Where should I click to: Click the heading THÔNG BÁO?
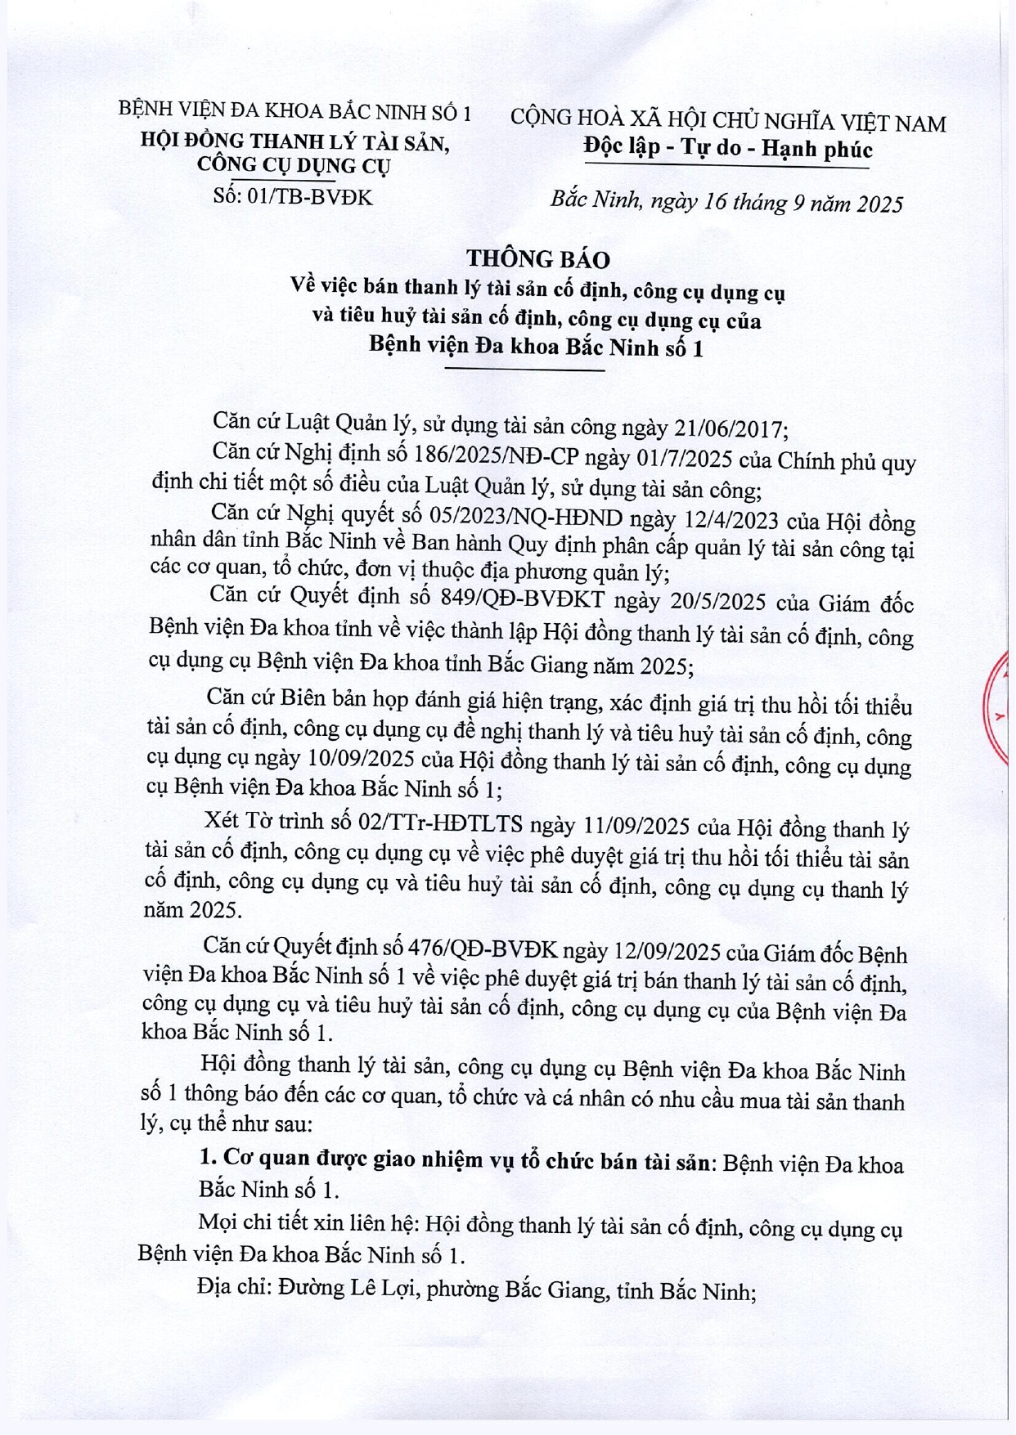tap(538, 259)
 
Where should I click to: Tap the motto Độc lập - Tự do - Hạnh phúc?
tap(727, 149)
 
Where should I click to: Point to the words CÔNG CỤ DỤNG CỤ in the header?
tap(294, 165)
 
